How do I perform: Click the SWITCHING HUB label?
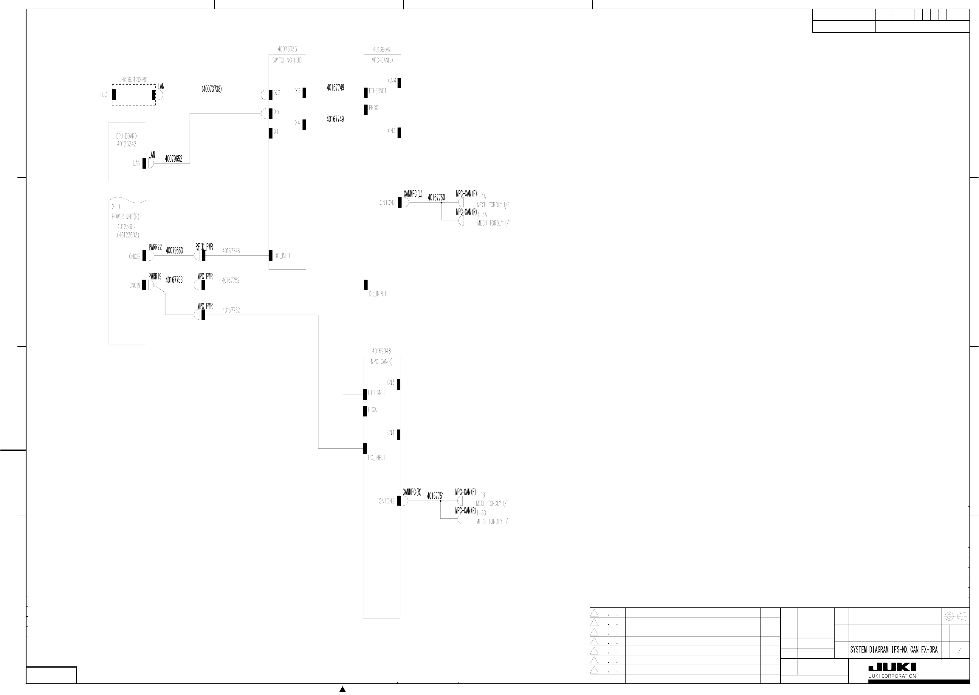pyautogui.click(x=287, y=60)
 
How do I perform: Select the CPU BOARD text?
pyautogui.click(x=126, y=136)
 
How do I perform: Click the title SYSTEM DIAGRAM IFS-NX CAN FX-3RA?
pyautogui.click(x=893, y=650)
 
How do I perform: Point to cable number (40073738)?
pyautogui.click(x=212, y=89)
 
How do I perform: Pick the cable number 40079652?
pyautogui.click(x=174, y=159)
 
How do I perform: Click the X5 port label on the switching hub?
pyautogui.click(x=276, y=112)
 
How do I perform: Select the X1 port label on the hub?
pyautogui.click(x=276, y=131)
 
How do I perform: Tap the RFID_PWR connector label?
pyautogui.click(x=204, y=247)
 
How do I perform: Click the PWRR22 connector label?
pyautogui.click(x=155, y=247)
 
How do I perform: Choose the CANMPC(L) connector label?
pyautogui.click(x=412, y=194)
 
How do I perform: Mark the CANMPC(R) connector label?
pyautogui.click(x=412, y=492)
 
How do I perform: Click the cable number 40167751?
pyautogui.click(x=435, y=496)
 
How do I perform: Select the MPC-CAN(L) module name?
pyautogui.click(x=382, y=60)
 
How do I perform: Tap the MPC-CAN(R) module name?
pyautogui.click(x=382, y=362)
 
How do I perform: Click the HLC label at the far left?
pyautogui.click(x=103, y=94)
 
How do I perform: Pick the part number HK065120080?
pyautogui.click(x=134, y=80)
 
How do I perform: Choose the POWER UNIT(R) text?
pyautogui.click(x=126, y=217)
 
